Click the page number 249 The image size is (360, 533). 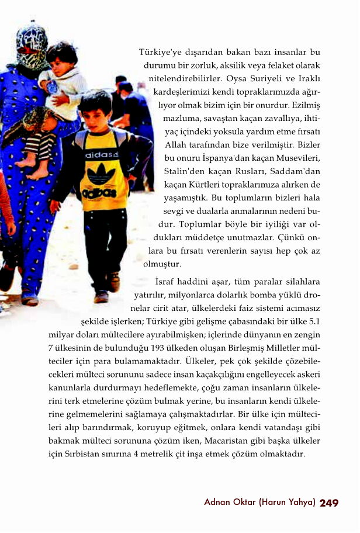click(x=330, y=503)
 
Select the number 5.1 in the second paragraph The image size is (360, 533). click(x=314, y=321)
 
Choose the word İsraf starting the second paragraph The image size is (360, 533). click(x=169, y=281)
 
